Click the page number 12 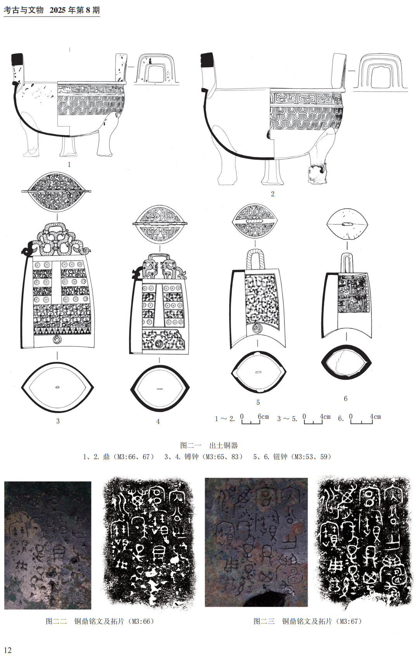(x=8, y=650)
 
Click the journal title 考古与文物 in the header (x=24, y=10)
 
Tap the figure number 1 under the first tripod (x=69, y=164)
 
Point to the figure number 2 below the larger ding (x=273, y=194)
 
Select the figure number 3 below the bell (x=58, y=421)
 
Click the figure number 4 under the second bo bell (x=158, y=421)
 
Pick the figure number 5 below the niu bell (x=258, y=403)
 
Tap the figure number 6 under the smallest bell (x=345, y=399)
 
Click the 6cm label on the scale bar (x=263, y=417)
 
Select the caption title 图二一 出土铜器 (x=209, y=445)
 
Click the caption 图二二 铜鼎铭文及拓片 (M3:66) (x=100, y=621)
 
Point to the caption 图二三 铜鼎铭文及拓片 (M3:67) (x=307, y=621)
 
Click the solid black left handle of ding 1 (x=17, y=59)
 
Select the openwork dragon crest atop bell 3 (x=57, y=239)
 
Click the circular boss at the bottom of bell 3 (x=58, y=340)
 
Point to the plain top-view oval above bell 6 (x=347, y=224)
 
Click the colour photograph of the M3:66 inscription (x=48, y=545)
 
